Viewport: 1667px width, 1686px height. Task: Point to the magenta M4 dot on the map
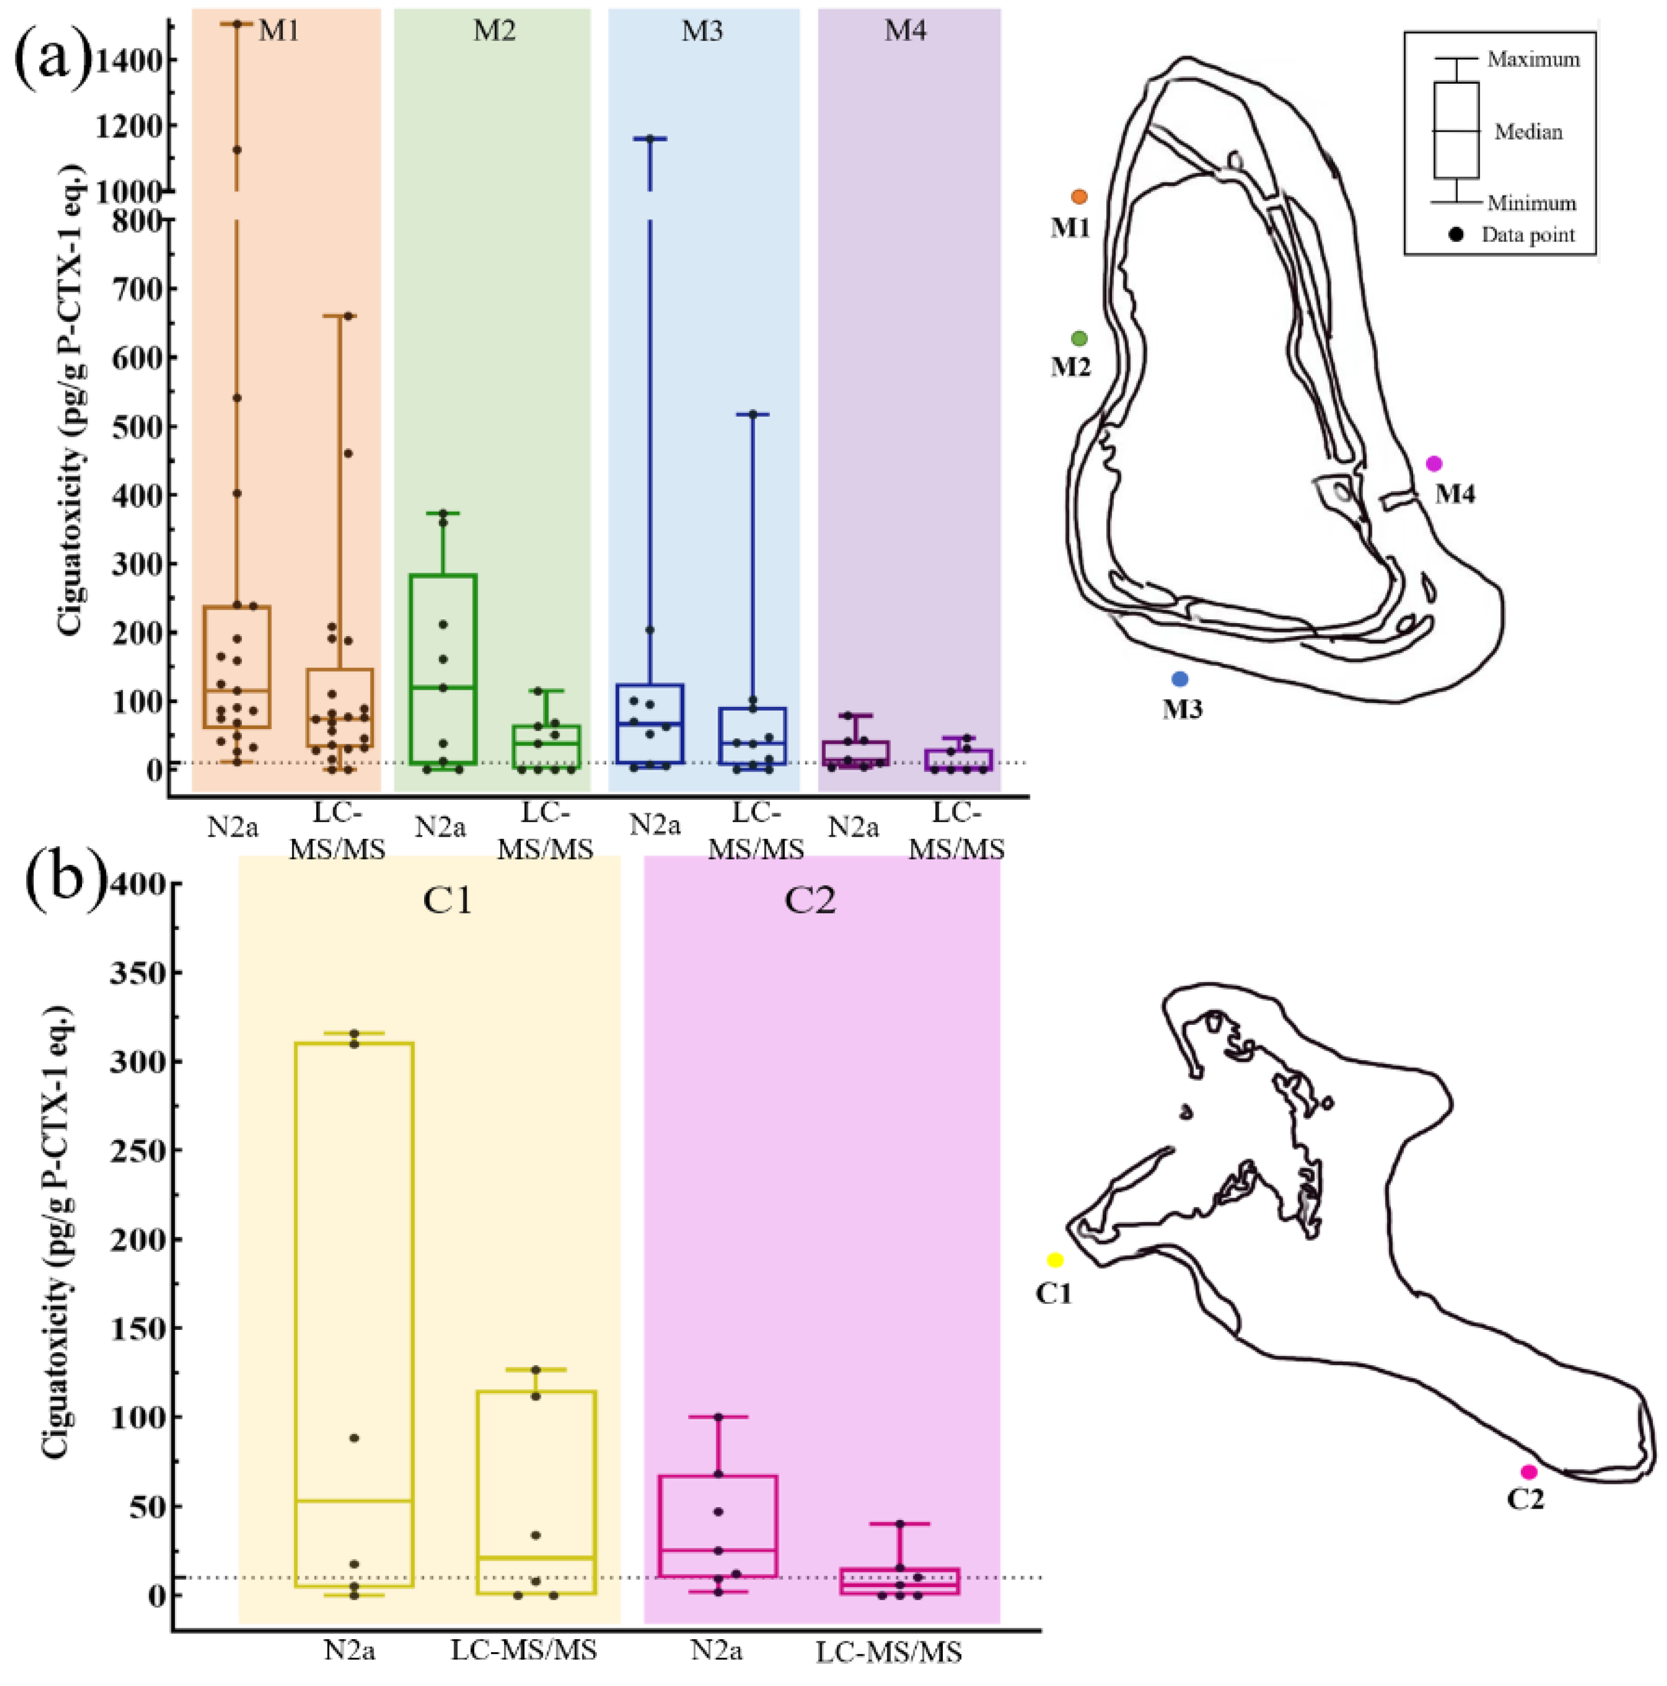(1434, 463)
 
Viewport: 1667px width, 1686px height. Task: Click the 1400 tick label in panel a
(129, 61)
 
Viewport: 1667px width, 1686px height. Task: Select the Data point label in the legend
(1528, 235)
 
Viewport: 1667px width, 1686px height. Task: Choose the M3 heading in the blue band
(702, 32)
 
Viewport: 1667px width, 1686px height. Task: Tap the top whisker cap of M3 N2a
(649, 138)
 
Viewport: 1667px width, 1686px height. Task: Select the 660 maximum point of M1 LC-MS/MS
(348, 316)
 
